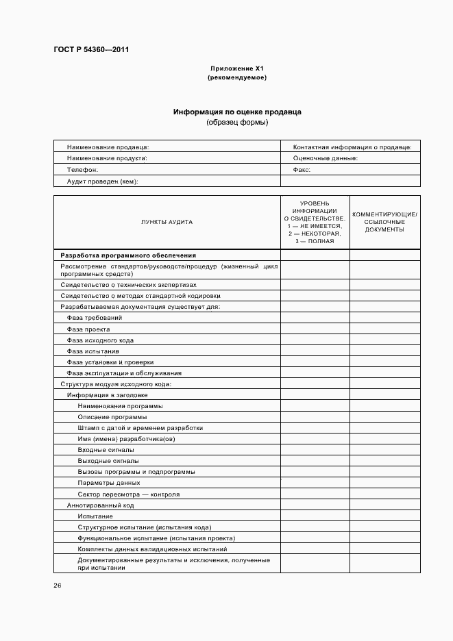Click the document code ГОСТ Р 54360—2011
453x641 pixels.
[x=90, y=49]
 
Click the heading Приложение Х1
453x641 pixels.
[x=236, y=69]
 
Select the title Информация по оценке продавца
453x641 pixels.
[x=236, y=111]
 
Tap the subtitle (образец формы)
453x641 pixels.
[x=236, y=123]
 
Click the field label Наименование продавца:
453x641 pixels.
[x=108, y=147]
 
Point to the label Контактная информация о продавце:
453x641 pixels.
[x=352, y=147]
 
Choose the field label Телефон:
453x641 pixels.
[x=82, y=169]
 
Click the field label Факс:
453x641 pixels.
[x=302, y=169]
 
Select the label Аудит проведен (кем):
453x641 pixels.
[x=102, y=181]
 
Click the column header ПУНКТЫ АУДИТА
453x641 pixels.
[x=167, y=222]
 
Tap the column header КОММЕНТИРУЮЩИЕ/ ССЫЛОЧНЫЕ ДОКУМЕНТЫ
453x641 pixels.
[x=384, y=222]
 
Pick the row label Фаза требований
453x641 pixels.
[x=94, y=318]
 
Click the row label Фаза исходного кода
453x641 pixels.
[x=100, y=340]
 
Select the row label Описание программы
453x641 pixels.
[x=112, y=416]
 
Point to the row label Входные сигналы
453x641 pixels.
[x=106, y=450]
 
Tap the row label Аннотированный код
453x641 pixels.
[x=100, y=505]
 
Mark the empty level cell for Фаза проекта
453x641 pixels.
[x=315, y=329]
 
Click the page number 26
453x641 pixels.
[x=58, y=586]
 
